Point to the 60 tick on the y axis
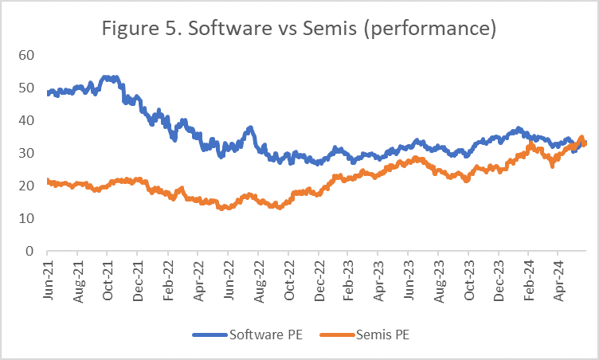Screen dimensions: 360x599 pos(29,55)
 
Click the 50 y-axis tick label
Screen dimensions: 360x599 pos(29,88)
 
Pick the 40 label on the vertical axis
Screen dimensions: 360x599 pos(29,120)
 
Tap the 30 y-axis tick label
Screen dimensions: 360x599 pos(29,153)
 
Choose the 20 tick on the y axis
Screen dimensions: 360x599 pos(29,186)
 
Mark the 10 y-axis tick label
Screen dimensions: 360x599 pos(29,218)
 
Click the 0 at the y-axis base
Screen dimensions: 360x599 pos(33,251)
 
